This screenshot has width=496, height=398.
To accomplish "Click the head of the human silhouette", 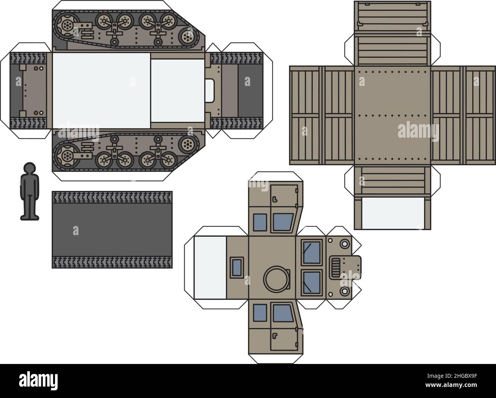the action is coord(29,169).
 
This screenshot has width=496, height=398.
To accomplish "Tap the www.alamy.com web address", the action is coord(451,385).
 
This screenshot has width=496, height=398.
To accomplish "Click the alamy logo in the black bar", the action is coord(38,380).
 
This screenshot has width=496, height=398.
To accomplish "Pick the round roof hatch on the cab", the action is coord(276,279).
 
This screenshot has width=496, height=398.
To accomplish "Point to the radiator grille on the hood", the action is coord(336,268).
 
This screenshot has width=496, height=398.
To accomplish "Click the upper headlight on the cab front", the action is coord(345,244).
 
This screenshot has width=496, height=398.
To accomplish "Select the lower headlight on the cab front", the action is coord(345,291).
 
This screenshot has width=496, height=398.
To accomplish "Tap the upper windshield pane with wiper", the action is coord(312,252).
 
